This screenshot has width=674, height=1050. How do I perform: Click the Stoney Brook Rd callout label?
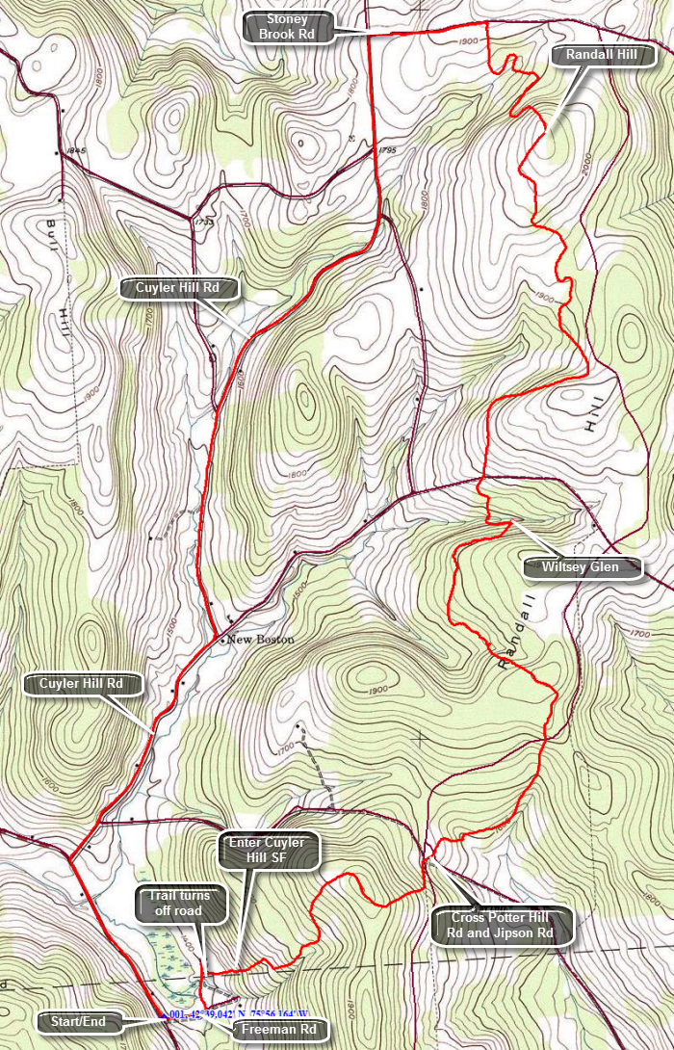coord(287,27)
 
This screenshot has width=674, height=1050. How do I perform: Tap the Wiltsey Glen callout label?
coord(583,566)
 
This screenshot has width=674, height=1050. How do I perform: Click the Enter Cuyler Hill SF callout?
coord(267,851)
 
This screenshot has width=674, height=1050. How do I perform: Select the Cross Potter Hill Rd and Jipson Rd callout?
coord(503,926)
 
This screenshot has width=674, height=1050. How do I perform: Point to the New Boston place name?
coord(261,640)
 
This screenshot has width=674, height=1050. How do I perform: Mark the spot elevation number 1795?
coord(387,150)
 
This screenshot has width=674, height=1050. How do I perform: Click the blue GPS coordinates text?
coord(236,1014)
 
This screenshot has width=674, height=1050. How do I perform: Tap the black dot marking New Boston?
coord(222,640)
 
